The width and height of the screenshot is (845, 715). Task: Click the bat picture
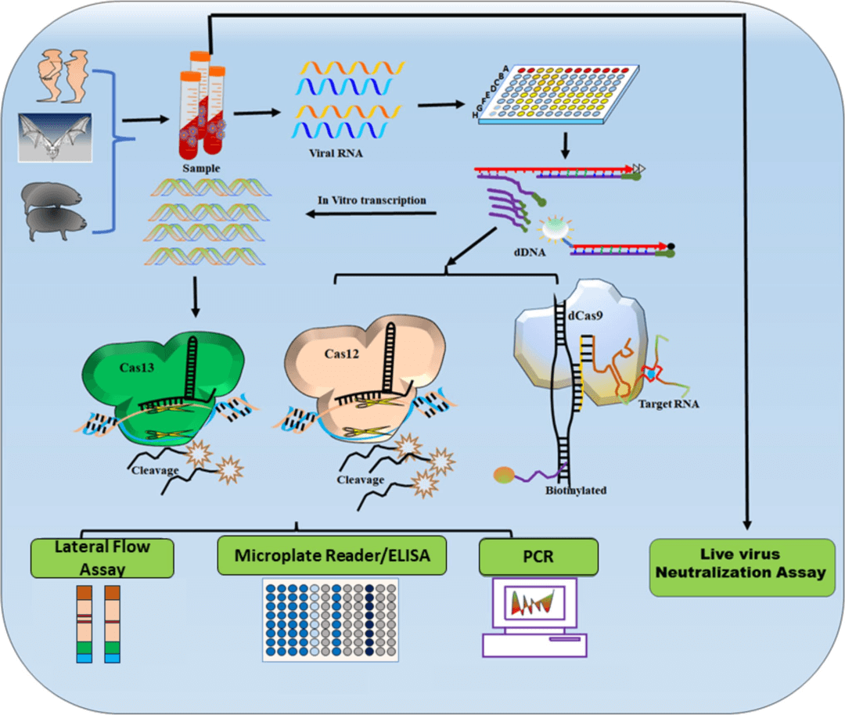[55, 137]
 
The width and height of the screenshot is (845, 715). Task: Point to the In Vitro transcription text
[372, 200]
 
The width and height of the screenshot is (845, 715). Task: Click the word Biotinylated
[576, 490]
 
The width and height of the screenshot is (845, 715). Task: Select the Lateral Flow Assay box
[102, 556]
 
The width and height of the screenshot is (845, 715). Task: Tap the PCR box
[538, 556]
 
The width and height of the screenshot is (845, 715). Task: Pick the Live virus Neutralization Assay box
[740, 563]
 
